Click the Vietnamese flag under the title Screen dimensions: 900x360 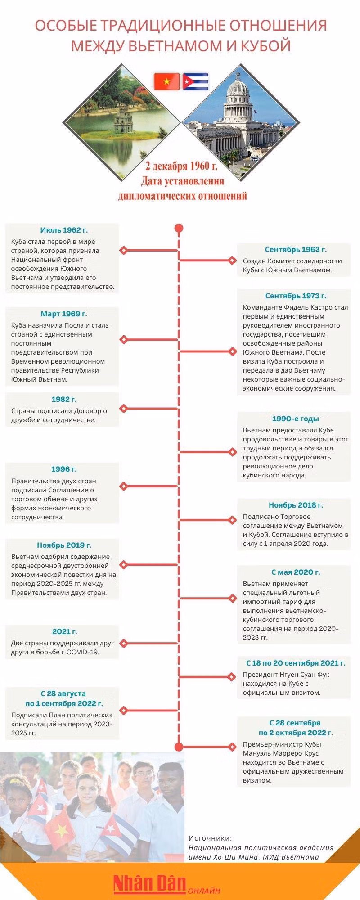coord(166,81)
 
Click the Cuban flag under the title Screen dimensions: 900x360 coord(195,81)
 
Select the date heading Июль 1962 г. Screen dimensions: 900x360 coord(64,230)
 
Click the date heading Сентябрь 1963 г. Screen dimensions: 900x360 coord(296,250)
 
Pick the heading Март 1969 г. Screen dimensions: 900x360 coord(64,314)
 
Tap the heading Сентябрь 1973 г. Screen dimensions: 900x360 coord(296,296)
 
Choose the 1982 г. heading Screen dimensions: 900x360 coord(64,400)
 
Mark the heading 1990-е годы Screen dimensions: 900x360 coord(296,419)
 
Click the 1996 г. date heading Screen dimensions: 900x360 coord(64,470)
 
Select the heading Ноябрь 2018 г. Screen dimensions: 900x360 coord(296,505)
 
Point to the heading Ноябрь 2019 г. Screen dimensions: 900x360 coord(64,545)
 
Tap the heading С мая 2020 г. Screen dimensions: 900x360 coord(296,572)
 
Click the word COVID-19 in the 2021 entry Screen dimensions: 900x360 coord(83,652)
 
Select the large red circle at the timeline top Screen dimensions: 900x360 coord(179,228)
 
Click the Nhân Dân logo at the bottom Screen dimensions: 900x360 coord(149,883)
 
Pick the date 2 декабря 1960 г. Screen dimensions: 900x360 coord(181,166)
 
